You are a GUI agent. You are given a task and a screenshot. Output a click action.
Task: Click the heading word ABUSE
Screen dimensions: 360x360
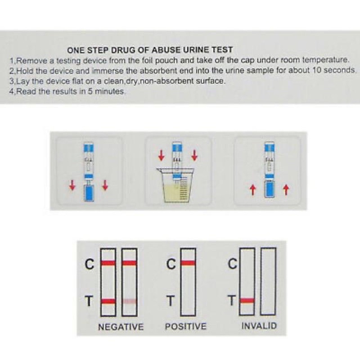pos(167,50)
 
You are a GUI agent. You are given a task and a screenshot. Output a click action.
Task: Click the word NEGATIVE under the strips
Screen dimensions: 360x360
pos(121,327)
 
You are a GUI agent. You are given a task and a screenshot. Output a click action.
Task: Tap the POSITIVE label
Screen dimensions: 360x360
pos(186,326)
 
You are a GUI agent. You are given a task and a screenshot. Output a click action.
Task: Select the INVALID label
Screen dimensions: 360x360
pos(259,326)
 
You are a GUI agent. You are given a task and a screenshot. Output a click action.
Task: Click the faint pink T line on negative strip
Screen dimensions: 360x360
pos(130,301)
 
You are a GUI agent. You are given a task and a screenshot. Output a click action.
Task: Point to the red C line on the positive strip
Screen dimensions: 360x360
pos(188,263)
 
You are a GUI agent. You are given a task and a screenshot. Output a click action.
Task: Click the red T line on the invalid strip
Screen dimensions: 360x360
pos(247,301)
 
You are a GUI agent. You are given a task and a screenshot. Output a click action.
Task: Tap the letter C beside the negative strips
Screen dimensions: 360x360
pos(89,264)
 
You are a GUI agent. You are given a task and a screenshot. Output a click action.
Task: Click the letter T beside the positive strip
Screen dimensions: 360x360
pos(171,301)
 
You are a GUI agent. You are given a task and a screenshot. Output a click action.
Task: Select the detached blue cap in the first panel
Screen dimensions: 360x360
pos(88,193)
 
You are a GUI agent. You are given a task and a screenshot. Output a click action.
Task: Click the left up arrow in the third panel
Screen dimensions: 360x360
pos(253,190)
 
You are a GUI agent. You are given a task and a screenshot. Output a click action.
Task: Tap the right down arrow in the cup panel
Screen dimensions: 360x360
pos(194,155)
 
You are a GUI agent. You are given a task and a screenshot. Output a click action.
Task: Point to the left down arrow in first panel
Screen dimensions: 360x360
pos(72,185)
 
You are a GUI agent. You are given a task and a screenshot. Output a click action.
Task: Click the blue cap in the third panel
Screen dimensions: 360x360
pos(269,189)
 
